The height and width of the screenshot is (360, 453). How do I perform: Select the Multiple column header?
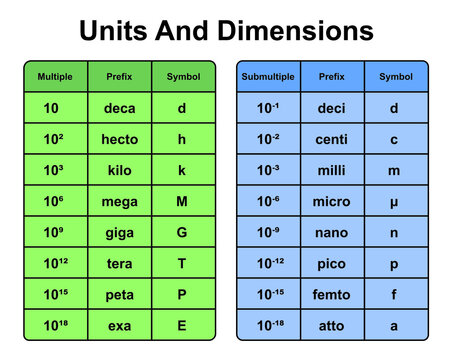[55, 76]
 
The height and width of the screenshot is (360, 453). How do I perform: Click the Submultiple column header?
[266, 76]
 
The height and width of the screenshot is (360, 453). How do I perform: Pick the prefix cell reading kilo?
[120, 170]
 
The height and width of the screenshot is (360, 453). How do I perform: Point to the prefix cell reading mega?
[120, 201]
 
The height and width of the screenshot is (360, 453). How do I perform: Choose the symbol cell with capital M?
[182, 201]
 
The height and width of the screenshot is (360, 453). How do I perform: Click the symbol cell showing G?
[182, 232]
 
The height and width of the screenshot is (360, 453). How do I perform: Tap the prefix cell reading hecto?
[120, 139]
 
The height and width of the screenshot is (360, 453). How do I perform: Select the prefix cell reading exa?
[120, 325]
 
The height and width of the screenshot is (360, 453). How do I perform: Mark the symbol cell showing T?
[182, 263]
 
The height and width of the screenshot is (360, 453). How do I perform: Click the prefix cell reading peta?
[120, 294]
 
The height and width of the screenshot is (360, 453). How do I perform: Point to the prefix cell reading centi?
[331, 139]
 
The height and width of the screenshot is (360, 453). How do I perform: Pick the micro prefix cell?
[331, 201]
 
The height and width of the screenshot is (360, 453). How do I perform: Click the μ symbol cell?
[394, 202]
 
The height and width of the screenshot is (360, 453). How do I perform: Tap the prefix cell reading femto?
[331, 294]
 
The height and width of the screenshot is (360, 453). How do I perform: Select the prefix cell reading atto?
[331, 325]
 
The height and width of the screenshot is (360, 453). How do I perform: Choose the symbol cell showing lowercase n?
[394, 232]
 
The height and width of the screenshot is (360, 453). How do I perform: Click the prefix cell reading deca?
[120, 108]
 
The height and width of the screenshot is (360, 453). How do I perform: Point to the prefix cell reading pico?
[331, 263]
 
